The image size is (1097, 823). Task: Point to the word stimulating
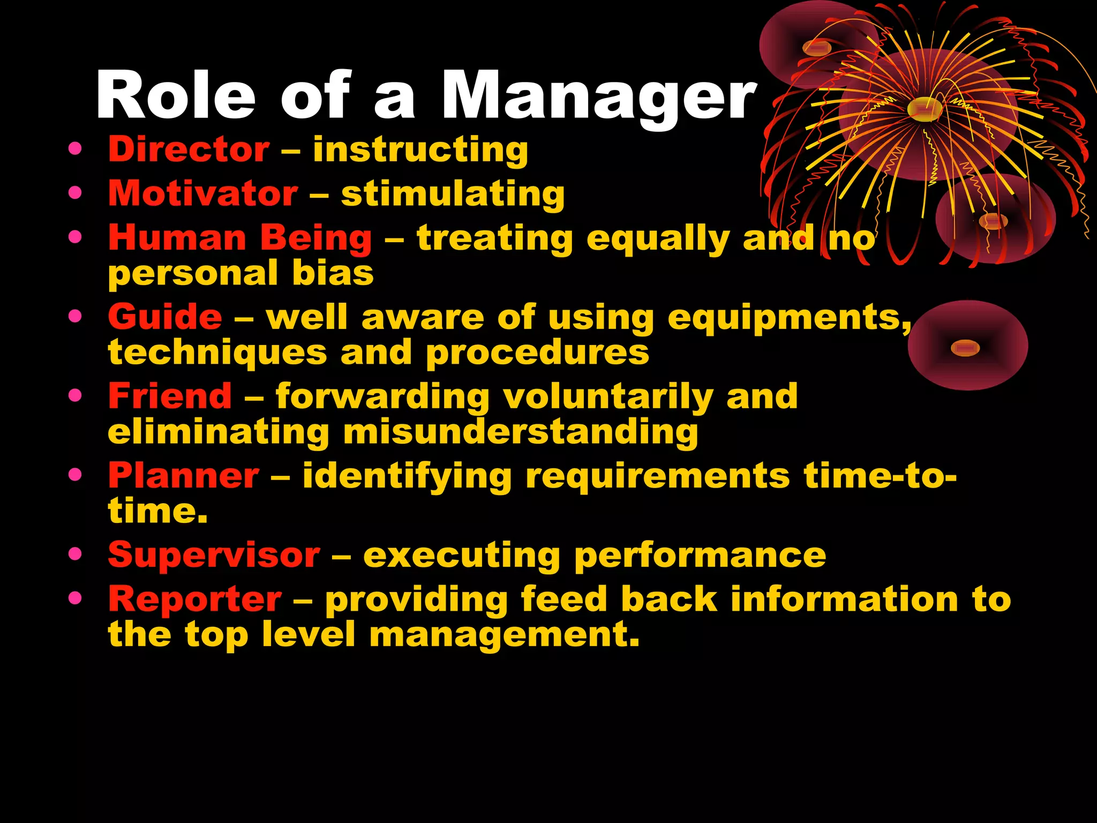click(453, 194)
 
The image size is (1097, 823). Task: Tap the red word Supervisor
click(214, 555)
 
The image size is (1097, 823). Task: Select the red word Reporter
click(195, 598)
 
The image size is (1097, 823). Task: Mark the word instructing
click(420, 149)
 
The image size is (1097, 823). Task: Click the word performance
click(700, 556)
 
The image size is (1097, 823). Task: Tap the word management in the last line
click(504, 635)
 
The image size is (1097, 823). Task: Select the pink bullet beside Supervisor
click(76, 553)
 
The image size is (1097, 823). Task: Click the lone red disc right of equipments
click(967, 346)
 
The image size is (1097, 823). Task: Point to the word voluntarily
click(608, 397)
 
